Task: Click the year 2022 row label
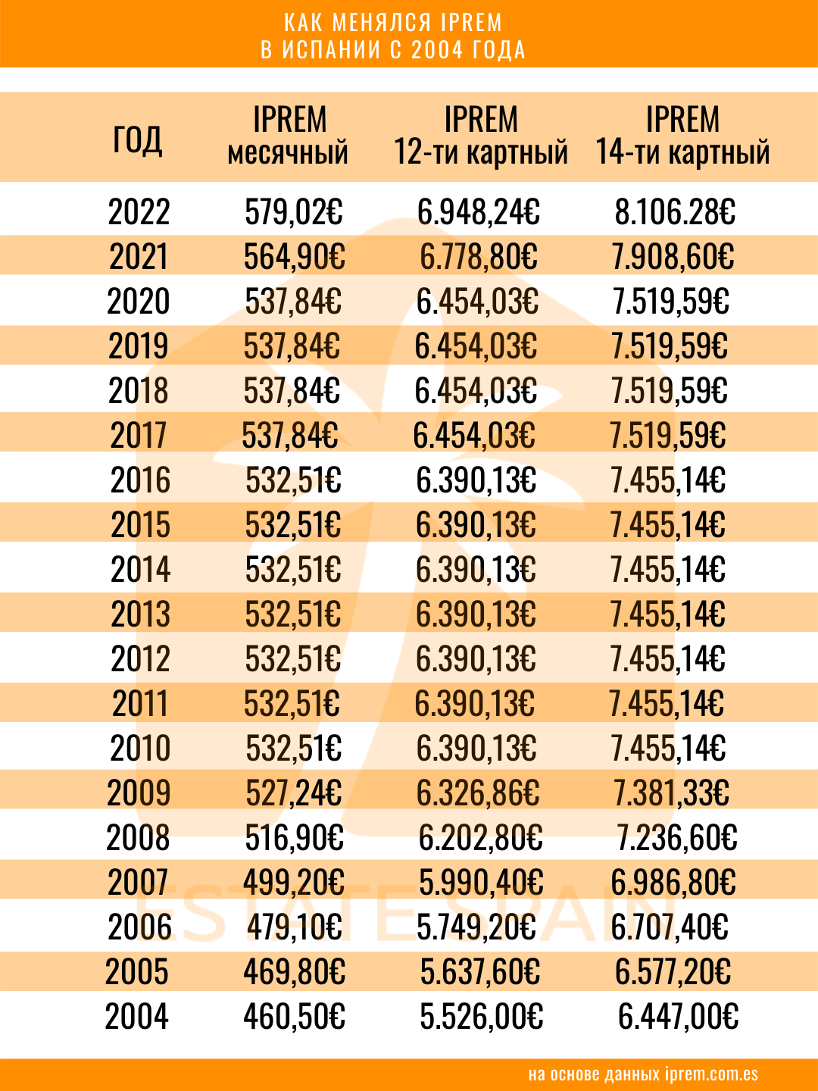click(x=139, y=212)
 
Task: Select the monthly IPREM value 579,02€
click(x=294, y=212)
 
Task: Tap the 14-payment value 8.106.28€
click(x=675, y=212)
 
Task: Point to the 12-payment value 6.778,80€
click(x=479, y=257)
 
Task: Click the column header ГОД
click(x=137, y=139)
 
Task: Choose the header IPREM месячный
click(x=289, y=136)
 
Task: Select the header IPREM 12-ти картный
click(x=481, y=136)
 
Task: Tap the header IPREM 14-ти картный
click(x=682, y=136)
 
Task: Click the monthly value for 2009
click(x=294, y=793)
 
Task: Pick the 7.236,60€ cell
click(x=677, y=838)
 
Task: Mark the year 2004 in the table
click(x=137, y=1017)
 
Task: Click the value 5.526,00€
click(x=482, y=1017)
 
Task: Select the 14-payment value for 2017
click(x=668, y=436)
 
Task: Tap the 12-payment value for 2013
click(x=476, y=614)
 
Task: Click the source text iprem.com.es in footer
click(x=711, y=1074)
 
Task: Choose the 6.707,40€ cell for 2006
click(x=670, y=927)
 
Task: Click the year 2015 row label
click(x=141, y=525)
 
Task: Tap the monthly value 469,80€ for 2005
click(x=294, y=972)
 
